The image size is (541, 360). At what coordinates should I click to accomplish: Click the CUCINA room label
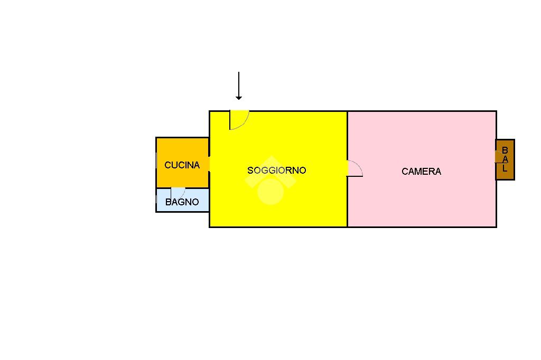tap(182, 165)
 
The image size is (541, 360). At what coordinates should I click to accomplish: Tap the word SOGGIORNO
tap(277, 170)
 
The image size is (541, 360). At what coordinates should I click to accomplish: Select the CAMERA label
tap(421, 172)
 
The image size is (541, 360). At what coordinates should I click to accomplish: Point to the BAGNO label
tap(182, 202)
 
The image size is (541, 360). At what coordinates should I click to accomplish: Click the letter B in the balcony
tap(505, 150)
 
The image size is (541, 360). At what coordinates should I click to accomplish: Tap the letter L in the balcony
tap(505, 168)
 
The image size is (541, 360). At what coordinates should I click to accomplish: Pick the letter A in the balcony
tap(505, 159)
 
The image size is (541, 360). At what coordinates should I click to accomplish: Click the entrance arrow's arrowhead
tap(239, 98)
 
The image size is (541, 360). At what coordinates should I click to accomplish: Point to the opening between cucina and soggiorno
tap(209, 164)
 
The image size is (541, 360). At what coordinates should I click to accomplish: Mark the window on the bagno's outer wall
tap(156, 199)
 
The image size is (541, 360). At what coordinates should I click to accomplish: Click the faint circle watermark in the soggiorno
tap(270, 192)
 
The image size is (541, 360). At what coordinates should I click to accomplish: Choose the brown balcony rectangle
tap(505, 159)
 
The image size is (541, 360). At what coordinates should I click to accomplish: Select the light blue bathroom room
tap(182, 200)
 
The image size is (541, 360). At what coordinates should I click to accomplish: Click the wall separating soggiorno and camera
tap(347, 169)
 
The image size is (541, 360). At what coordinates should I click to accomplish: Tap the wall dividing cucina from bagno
tap(182, 188)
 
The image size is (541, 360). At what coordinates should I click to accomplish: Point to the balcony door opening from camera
tap(499, 157)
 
